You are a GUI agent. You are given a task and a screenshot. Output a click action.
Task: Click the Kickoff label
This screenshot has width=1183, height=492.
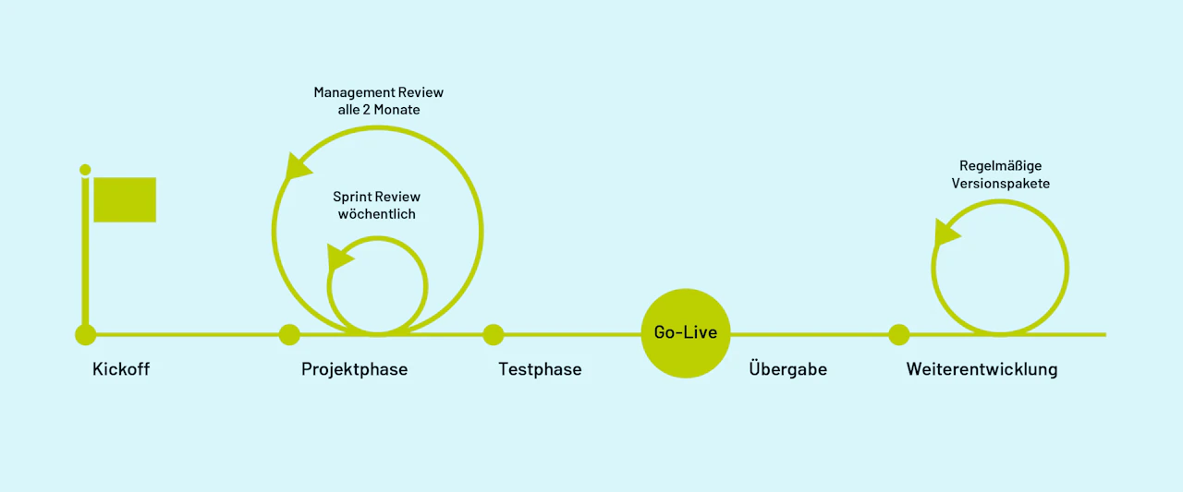pos(121,368)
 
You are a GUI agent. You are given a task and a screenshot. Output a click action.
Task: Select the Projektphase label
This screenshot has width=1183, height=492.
pos(354,369)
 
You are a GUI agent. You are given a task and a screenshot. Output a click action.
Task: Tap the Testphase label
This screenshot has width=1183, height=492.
pos(540,369)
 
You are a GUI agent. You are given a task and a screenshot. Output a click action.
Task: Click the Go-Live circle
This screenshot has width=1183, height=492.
pos(686,332)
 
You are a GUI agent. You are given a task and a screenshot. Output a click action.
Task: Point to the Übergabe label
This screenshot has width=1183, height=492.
pos(788,368)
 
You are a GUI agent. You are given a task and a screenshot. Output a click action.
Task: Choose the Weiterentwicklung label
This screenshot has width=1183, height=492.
pos(982,369)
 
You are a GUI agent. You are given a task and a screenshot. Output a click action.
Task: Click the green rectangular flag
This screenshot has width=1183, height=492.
pos(125,199)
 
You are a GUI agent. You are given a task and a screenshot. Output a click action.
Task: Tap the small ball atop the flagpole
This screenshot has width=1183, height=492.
pos(85,170)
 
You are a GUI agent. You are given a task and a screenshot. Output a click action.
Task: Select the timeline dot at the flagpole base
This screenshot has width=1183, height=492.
pos(86,334)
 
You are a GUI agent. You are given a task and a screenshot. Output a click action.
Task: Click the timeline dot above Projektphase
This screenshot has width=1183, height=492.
pos(289,334)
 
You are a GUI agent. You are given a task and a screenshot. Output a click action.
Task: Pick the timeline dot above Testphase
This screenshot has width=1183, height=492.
pos(494,334)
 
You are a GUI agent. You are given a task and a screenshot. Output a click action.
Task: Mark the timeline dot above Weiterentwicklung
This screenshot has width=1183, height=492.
pos(899,334)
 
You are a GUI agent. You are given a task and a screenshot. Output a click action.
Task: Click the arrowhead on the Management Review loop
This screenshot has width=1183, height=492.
pos(297,167)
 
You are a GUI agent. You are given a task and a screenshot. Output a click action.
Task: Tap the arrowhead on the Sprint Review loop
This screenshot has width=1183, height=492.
pos(338,257)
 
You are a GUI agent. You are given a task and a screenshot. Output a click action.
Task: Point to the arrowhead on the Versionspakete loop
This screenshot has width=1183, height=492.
pos(945,233)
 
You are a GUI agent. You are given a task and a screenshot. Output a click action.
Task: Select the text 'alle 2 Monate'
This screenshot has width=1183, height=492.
pos(379,110)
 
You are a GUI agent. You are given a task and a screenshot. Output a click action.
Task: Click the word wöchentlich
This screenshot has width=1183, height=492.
pos(376,214)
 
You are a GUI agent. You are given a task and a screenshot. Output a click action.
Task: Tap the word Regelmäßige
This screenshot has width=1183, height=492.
pos(1000,166)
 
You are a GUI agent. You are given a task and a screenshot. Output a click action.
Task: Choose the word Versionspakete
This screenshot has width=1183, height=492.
pos(1000,184)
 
